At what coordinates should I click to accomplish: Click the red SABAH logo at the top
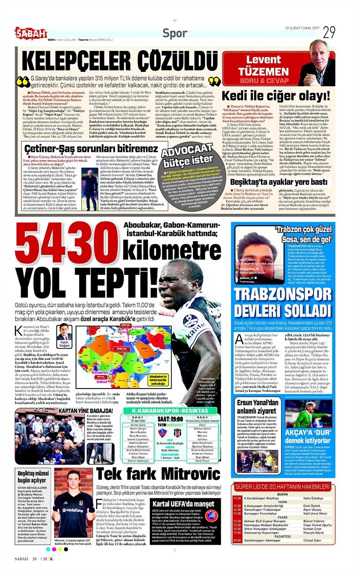[31, 32]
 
